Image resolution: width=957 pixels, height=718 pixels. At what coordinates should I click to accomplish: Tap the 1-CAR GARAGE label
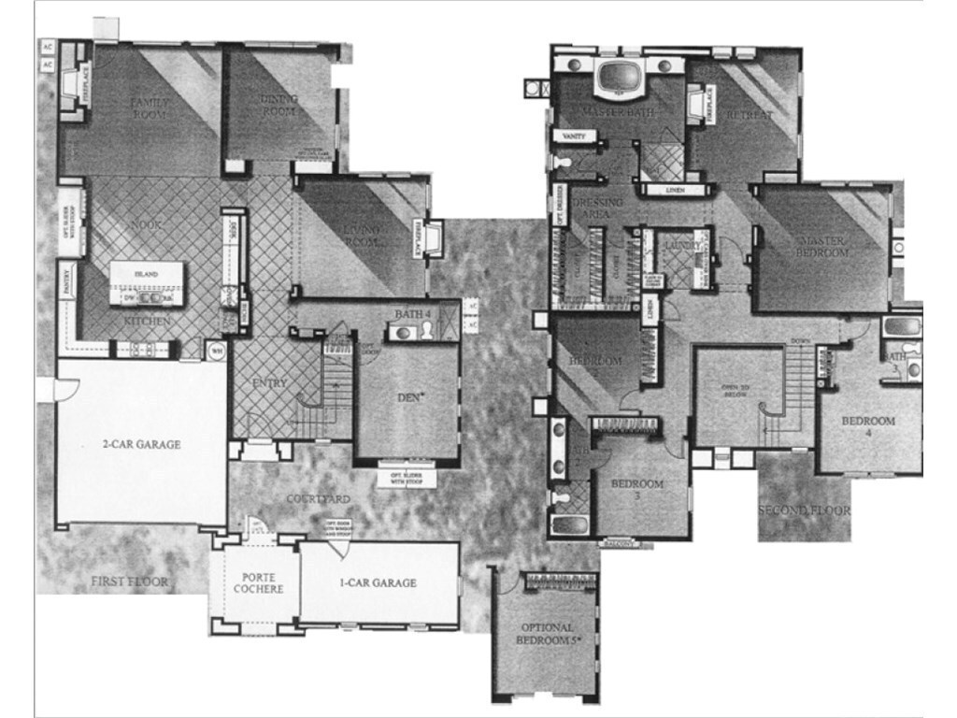coord(378,583)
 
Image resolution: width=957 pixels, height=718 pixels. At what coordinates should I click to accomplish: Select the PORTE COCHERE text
coord(257,583)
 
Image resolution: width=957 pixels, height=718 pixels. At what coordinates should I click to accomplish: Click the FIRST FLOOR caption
coord(129,582)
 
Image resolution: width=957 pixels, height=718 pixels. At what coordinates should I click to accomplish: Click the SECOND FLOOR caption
coord(804,510)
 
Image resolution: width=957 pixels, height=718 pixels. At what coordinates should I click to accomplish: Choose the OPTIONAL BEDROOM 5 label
coord(548,634)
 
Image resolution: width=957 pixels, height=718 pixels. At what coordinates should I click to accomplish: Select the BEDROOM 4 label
coord(868,427)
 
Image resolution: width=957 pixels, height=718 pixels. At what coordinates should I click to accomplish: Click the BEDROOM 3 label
coord(637,490)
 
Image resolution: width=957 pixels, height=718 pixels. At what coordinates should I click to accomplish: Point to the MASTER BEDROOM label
coord(822,247)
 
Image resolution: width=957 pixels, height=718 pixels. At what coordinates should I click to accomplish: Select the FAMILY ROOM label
coord(149,108)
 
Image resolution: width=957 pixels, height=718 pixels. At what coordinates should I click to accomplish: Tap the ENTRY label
coord(270,383)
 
